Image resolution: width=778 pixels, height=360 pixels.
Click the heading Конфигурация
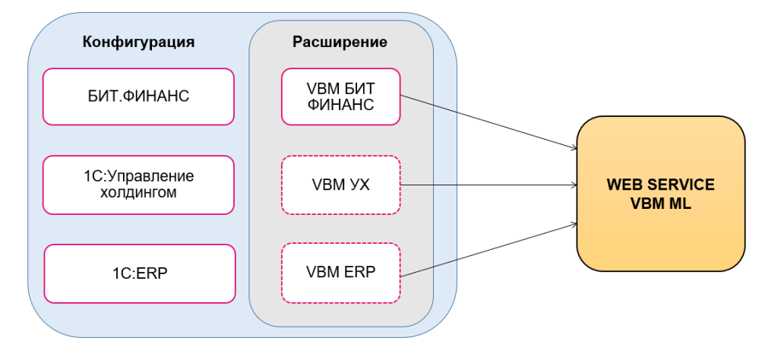click(138, 42)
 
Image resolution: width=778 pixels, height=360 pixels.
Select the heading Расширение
click(340, 42)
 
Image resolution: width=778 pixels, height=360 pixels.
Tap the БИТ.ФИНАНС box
click(138, 96)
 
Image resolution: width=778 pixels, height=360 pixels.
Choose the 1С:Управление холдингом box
click(138, 185)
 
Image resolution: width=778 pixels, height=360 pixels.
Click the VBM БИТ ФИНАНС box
click(340, 96)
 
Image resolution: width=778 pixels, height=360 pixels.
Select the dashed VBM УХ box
click(340, 185)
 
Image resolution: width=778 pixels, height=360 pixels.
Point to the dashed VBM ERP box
click(340, 271)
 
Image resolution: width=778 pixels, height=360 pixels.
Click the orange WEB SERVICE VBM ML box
click(660, 194)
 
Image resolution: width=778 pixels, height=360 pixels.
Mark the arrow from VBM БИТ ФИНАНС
click(486, 122)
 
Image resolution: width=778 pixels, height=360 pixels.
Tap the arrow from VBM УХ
click(486, 185)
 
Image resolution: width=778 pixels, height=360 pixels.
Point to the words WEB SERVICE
click(660, 185)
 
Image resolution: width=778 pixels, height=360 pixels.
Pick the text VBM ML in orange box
click(660, 204)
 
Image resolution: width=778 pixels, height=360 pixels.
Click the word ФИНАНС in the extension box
click(340, 106)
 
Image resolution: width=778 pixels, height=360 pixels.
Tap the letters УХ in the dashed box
click(359, 185)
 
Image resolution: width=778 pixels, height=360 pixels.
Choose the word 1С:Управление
click(139, 176)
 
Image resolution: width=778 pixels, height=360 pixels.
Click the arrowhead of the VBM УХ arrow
click(572, 185)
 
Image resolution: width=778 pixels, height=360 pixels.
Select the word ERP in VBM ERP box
click(359, 271)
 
